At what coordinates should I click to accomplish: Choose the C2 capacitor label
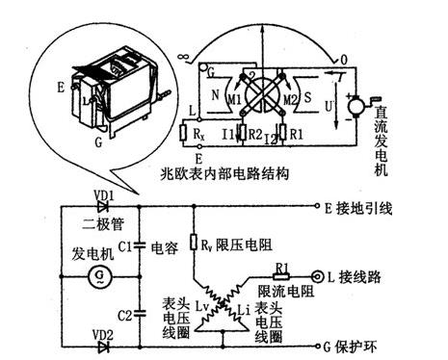click(x=124, y=314)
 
